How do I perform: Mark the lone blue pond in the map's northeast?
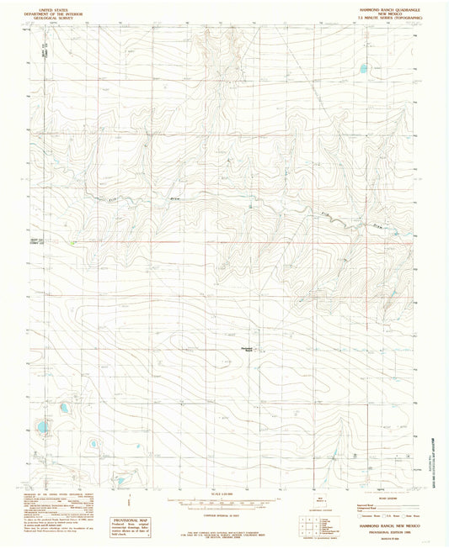[x=364, y=69]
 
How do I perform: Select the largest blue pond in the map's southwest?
[x=40, y=428]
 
